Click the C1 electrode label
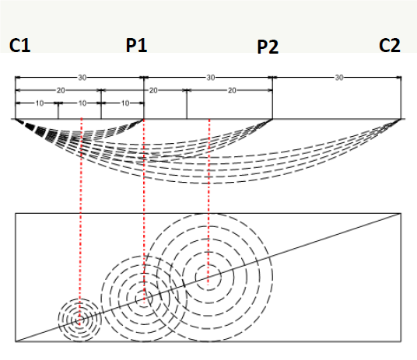coord(20,45)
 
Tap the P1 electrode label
coord(136,45)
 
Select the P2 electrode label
coord(268,47)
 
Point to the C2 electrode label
coord(390,45)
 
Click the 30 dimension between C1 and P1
coord(82,78)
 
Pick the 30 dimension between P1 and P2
coord(211,78)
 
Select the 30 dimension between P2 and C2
coord(339,78)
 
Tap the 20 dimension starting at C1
coord(61,90)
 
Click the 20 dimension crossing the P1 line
coord(153,90)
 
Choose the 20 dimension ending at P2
coord(232,90)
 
